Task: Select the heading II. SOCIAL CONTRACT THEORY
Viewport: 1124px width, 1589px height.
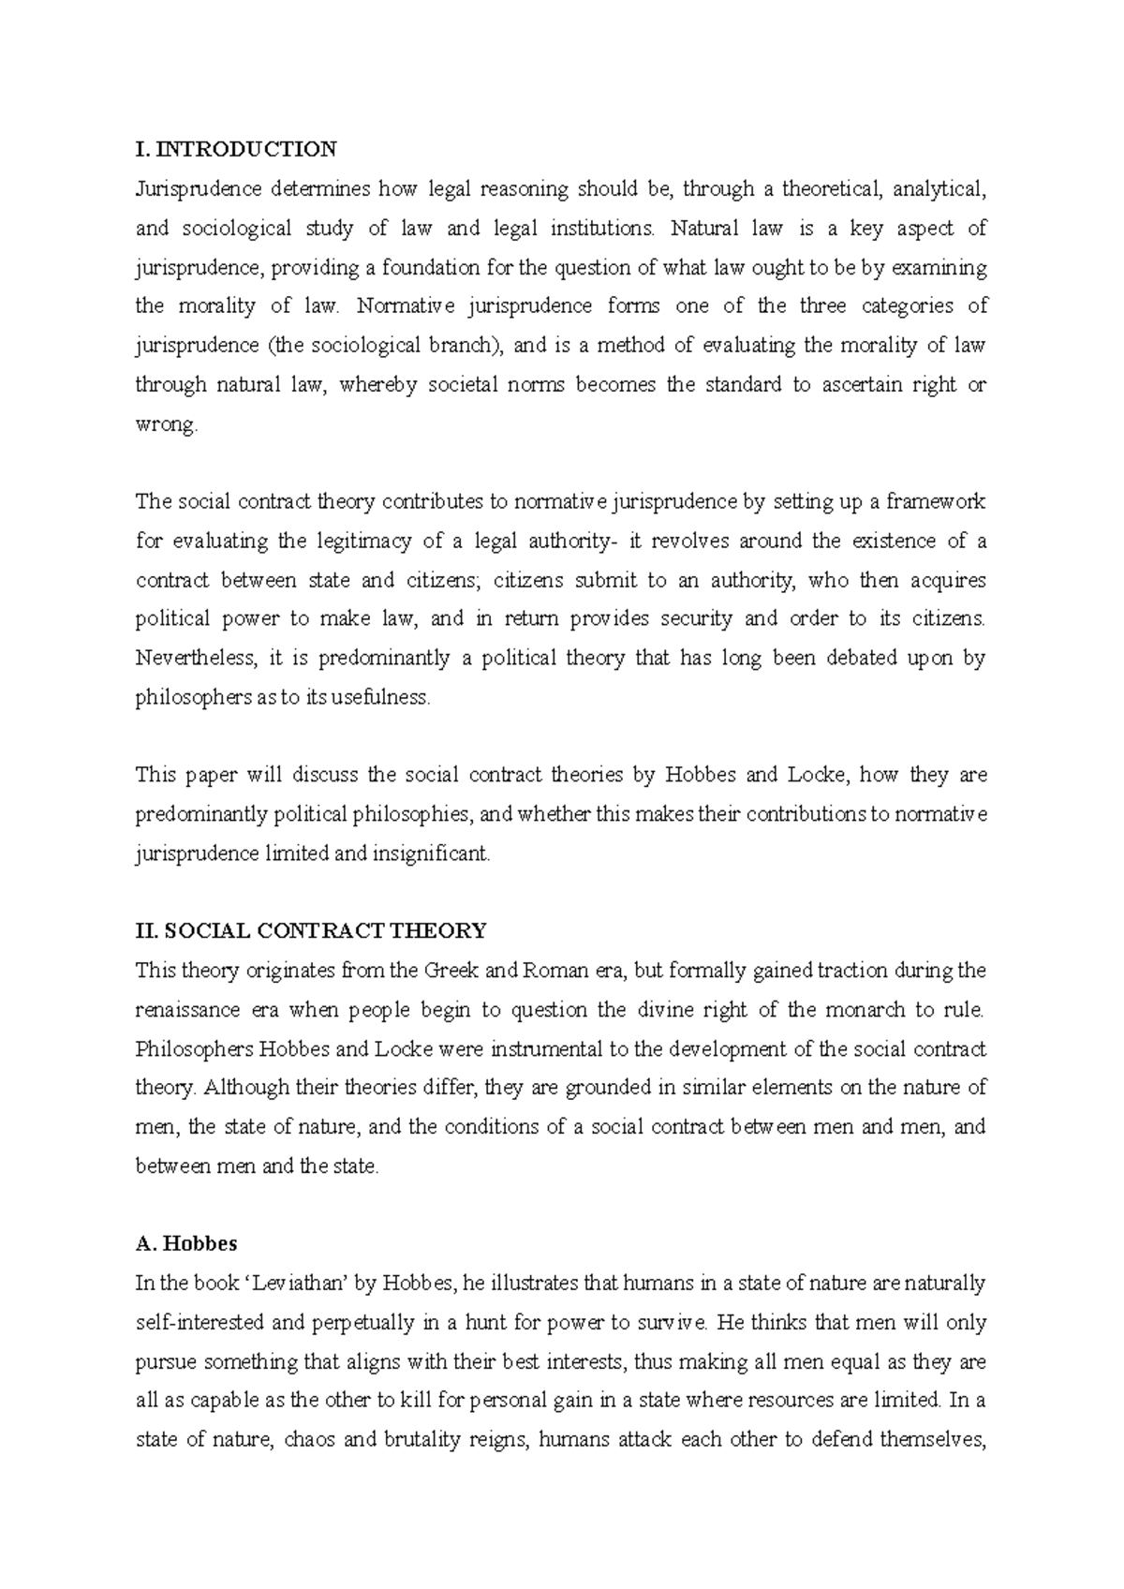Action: tap(311, 930)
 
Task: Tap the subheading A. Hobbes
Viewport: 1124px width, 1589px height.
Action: tap(186, 1243)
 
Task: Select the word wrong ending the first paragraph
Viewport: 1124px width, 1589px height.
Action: tap(166, 424)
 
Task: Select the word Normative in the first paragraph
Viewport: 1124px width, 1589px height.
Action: tap(405, 306)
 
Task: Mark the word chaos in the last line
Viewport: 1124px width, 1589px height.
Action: tap(308, 1439)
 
